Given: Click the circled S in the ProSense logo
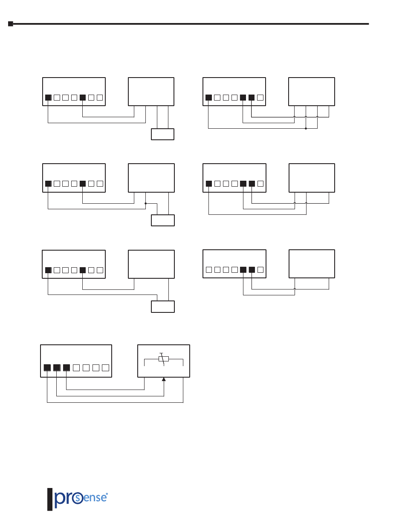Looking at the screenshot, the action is coord(78,499).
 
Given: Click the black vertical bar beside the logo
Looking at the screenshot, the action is coord(50,499).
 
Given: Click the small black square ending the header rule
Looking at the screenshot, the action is coord(11,24).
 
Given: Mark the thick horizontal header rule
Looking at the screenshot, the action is coord(192,24).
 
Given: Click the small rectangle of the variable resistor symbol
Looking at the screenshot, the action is coord(163,359).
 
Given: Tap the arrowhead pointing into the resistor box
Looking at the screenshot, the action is coord(164,379).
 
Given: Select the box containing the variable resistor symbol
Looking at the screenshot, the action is coord(164,361).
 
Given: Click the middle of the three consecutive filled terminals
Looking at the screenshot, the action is coord(57,367).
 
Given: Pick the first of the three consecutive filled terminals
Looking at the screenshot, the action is coord(47,367).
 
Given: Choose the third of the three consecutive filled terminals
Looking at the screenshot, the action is coord(66,367).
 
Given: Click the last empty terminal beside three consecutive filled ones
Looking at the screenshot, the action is coord(106,367).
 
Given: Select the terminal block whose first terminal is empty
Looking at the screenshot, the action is coord(234,264).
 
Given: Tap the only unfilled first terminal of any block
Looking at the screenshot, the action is coord(209,269).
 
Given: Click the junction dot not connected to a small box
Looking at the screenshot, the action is coord(306,128).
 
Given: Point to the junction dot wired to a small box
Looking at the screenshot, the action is coord(146,203).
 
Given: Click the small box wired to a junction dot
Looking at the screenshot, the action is coord(163,220).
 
